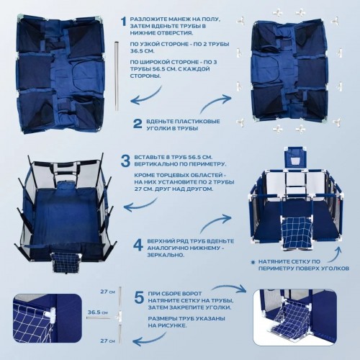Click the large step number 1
124,21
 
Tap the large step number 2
138,124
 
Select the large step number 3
125,161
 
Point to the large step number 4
138,246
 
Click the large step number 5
139,297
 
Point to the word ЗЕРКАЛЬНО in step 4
166,255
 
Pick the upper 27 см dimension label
107,292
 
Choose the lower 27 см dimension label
107,341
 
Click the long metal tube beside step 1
117,76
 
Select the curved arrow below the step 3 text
144,205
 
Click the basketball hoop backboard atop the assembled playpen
295,158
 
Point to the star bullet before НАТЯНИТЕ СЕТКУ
253,261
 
